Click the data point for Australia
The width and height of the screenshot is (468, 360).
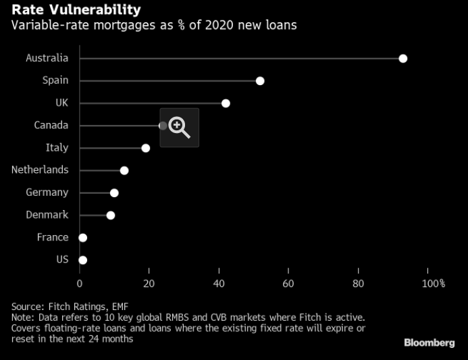click(403, 59)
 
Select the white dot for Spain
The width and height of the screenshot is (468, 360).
click(260, 81)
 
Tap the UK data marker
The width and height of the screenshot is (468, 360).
click(226, 103)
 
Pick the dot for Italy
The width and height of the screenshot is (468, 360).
click(145, 148)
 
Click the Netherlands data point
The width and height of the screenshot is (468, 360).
click(124, 170)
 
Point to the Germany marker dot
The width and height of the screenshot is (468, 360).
click(114, 193)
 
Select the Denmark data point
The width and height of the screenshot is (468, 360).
click(111, 215)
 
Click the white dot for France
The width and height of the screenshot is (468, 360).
click(83, 238)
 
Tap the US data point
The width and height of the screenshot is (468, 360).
click(83, 260)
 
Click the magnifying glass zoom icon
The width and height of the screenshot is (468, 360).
click(179, 127)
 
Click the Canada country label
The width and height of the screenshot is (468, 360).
click(51, 125)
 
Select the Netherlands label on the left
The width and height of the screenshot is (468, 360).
click(40, 170)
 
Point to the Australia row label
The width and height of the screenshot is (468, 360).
click(47, 58)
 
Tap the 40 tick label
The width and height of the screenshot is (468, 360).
click(219, 283)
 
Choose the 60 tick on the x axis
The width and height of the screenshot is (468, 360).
click(288, 283)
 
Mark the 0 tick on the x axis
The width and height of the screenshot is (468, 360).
click(80, 283)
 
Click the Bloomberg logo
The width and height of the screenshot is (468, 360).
click(429, 343)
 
